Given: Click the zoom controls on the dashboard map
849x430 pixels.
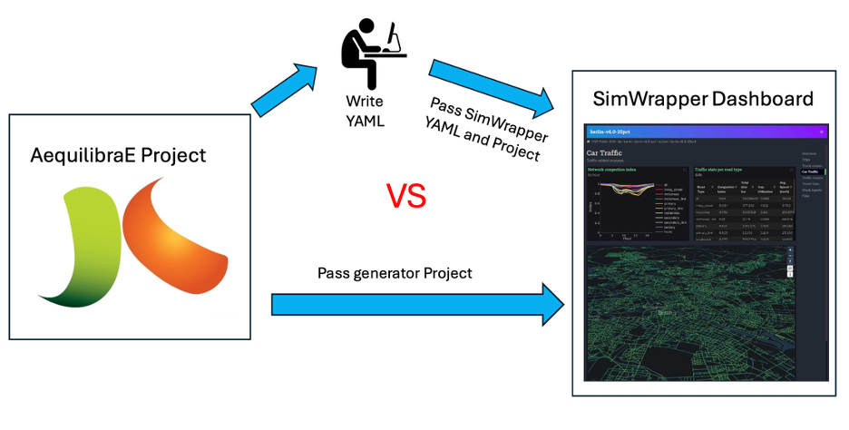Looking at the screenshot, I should (x=789, y=261).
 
